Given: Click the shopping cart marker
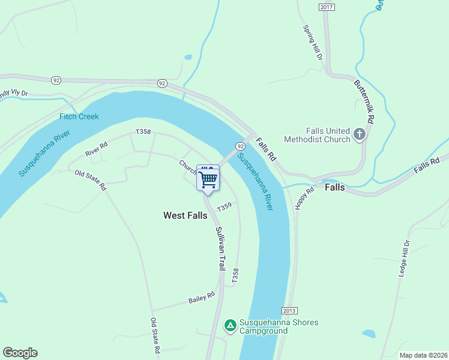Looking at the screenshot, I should coord(208,179).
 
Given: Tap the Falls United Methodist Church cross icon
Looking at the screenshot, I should coord(360,134).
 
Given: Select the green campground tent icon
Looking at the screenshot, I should coord(230,326).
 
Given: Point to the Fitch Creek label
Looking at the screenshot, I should coord(79,116).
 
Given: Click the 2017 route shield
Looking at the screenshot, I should coord(326,7).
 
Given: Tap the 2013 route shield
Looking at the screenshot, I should coord(289,310).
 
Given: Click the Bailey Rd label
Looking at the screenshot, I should coord(201,297).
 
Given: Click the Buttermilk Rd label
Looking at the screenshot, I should coord(364,102).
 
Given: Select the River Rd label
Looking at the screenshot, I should coord(96,149).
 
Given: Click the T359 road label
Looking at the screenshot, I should coord(224,206).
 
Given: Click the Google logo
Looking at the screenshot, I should coord(20,353).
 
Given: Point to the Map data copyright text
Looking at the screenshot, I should coord(423,355).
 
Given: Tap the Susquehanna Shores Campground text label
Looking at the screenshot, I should coord(279,326).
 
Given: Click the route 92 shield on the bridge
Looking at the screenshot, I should coord(240,146).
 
